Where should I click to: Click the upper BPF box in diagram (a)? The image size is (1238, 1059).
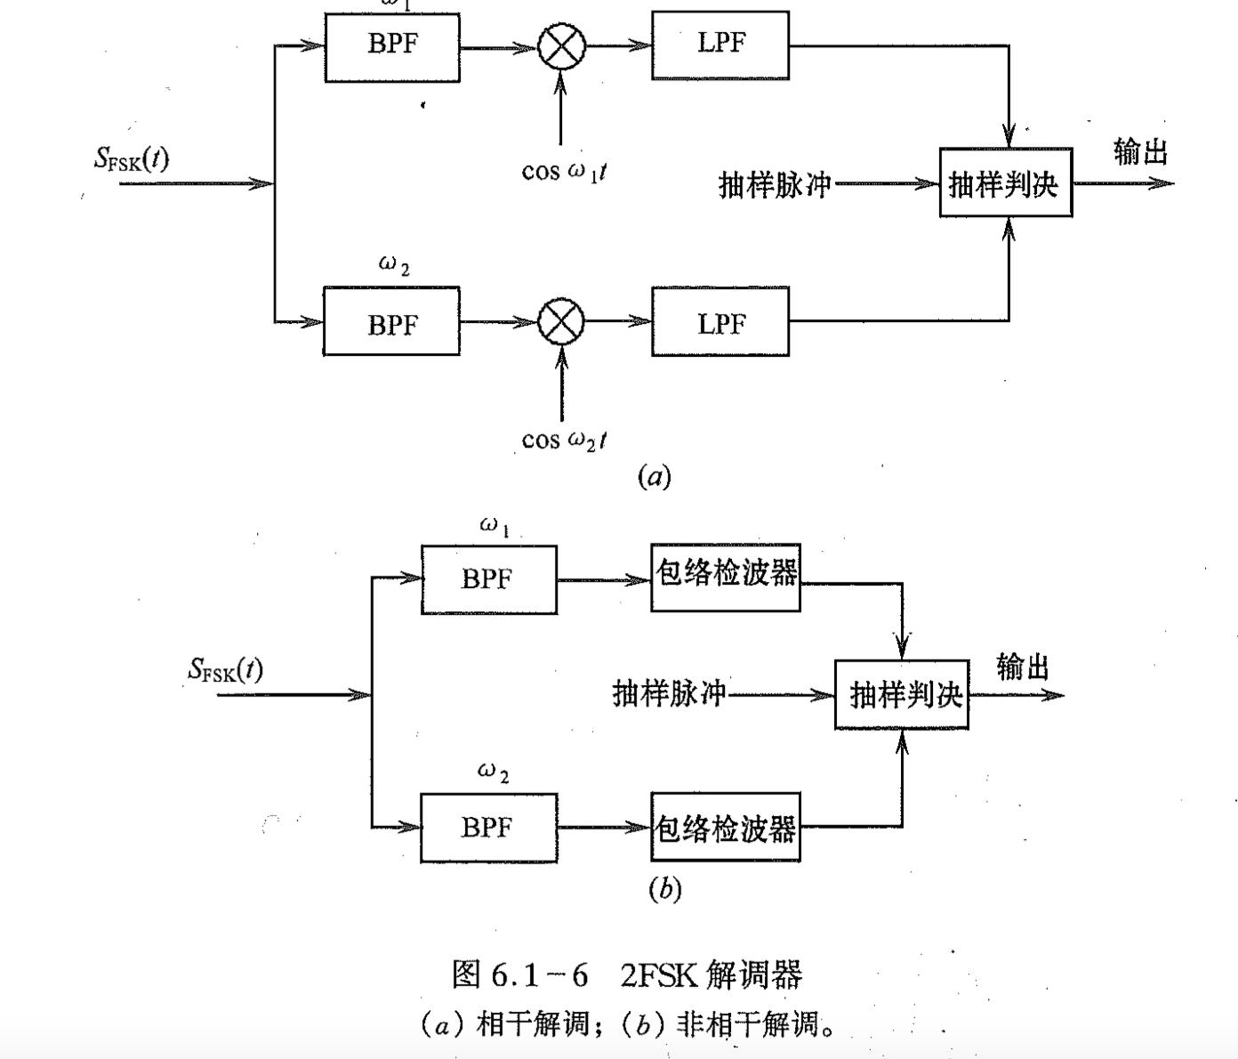pyautogui.click(x=392, y=47)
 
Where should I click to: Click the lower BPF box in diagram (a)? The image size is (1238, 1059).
pyautogui.click(x=392, y=321)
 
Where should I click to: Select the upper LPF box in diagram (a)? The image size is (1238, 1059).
pyautogui.click(x=720, y=45)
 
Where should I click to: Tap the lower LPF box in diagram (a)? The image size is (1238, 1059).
pyautogui.click(x=720, y=321)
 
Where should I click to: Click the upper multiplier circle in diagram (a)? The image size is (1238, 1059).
pyautogui.click(x=562, y=46)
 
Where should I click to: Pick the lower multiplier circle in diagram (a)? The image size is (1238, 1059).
pyautogui.click(x=562, y=321)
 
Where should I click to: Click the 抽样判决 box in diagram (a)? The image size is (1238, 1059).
pyautogui.click(x=1005, y=183)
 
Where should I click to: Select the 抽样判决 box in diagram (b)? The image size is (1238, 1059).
pyautogui.click(x=902, y=694)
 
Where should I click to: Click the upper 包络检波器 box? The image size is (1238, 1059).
pyautogui.click(x=726, y=578)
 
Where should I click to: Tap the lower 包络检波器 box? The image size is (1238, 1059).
pyautogui.click(x=726, y=827)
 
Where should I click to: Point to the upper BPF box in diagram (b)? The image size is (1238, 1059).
pyautogui.click(x=488, y=579)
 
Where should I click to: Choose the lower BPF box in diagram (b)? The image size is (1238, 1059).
pyautogui.click(x=488, y=828)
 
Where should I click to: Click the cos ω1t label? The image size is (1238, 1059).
pyautogui.click(x=564, y=171)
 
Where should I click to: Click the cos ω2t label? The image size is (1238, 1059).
pyautogui.click(x=564, y=440)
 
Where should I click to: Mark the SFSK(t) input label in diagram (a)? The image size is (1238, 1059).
pyautogui.click(x=132, y=159)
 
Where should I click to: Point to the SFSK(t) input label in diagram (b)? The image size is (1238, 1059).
pyautogui.click(x=226, y=669)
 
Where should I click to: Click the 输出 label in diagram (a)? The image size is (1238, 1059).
pyautogui.click(x=1140, y=152)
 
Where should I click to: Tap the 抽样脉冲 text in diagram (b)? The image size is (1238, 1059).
pyautogui.click(x=669, y=693)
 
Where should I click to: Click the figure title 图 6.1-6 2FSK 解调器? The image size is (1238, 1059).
pyautogui.click(x=627, y=975)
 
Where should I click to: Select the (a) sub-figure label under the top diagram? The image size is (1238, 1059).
pyautogui.click(x=655, y=477)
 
